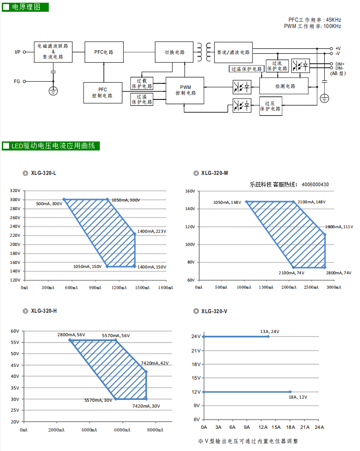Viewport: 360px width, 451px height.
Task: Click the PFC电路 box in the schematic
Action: pos(104,52)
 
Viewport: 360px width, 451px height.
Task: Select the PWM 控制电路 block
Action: pos(185,90)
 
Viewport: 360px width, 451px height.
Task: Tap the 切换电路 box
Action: pos(174,52)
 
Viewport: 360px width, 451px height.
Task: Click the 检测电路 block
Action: pos(284,86)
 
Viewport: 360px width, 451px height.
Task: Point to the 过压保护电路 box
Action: pos(271,106)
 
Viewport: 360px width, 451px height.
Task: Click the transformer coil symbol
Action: pos(204,52)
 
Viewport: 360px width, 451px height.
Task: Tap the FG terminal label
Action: pos(17,81)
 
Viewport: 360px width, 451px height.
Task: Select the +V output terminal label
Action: pos(338,49)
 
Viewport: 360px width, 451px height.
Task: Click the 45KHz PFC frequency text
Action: pos(333,20)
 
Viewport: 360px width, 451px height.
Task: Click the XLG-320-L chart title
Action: pos(43,173)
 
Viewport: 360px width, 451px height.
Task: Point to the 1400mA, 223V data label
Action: pos(152,231)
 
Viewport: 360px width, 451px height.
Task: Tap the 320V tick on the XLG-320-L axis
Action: pos(15,190)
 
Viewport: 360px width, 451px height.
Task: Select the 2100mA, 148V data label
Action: pos(312,202)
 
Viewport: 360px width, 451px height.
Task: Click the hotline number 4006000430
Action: pos(315,184)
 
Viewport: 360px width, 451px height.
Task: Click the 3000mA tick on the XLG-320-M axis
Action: pos(334,287)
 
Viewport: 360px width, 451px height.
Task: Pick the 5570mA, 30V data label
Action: pos(98,400)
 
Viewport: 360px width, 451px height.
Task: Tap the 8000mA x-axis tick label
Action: pos(155,430)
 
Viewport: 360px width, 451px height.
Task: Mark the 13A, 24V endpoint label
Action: pos(270,332)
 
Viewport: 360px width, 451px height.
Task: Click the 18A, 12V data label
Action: pos(298,397)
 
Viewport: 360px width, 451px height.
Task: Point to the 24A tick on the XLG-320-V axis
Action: pos(319,427)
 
